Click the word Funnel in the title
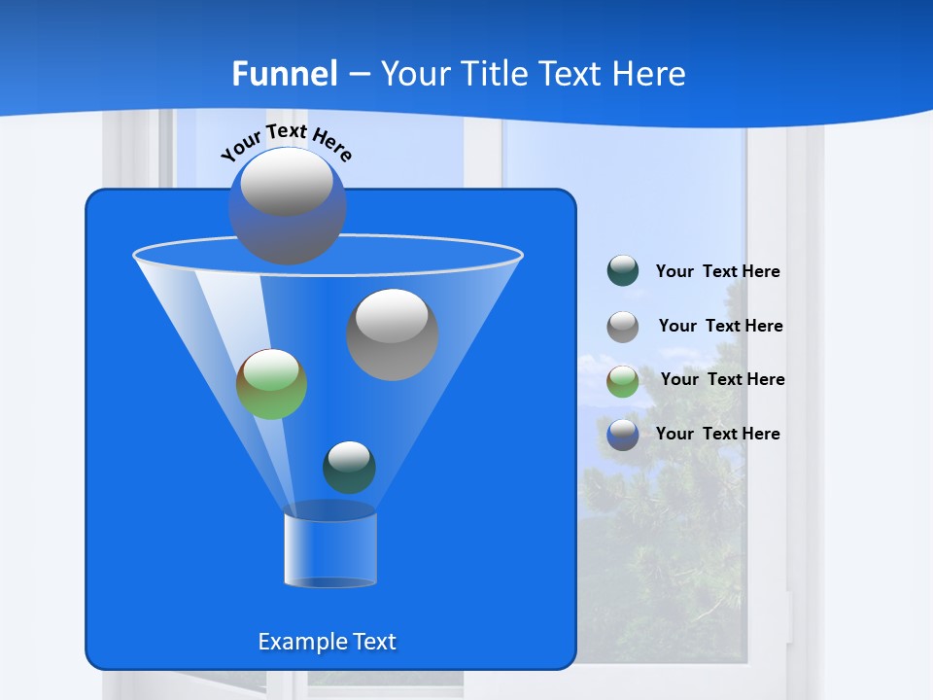285,74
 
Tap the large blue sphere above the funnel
287,206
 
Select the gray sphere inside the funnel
393,334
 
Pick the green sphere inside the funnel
272,384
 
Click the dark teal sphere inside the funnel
349,468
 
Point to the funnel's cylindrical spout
330,549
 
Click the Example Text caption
327,642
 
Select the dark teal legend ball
623,271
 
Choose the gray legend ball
623,327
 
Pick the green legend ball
623,381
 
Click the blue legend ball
623,435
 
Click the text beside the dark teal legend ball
717,272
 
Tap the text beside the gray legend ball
720,326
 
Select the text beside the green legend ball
722,379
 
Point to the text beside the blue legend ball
717,434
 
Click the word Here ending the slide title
650,74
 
